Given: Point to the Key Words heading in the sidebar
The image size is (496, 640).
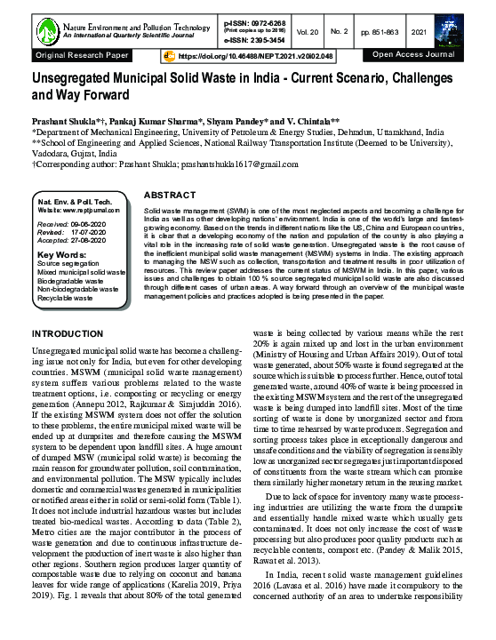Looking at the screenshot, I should tap(62, 255).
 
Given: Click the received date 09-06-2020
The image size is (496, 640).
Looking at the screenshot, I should tap(94, 225).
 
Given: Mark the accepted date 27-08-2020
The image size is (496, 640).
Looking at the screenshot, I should tap(94, 241).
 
